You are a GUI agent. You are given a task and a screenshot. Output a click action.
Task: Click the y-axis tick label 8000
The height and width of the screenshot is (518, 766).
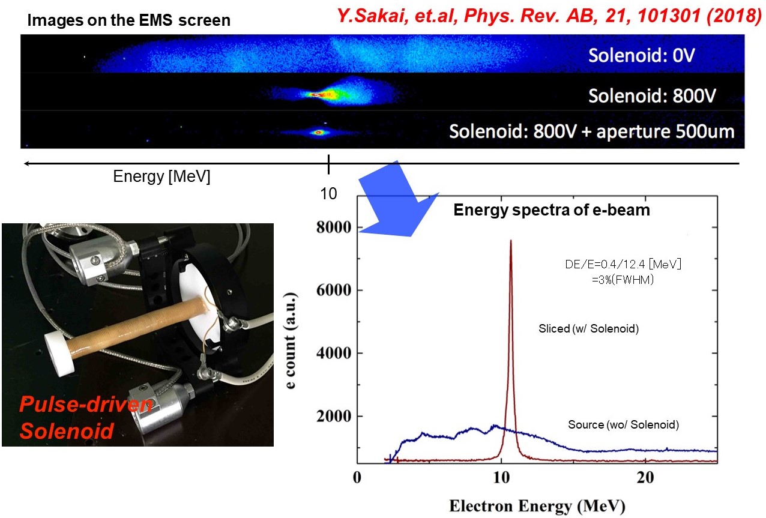334,227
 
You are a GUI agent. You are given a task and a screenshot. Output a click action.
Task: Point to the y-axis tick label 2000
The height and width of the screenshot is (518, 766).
334,417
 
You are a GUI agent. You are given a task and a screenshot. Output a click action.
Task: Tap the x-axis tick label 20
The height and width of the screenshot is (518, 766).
645,478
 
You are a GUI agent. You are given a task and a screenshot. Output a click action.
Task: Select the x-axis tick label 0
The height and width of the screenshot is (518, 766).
357,478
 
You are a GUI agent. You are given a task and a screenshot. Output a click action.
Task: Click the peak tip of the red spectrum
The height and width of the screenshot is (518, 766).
511,240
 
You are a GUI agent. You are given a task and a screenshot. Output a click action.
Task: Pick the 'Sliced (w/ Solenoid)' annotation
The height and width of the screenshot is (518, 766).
588,328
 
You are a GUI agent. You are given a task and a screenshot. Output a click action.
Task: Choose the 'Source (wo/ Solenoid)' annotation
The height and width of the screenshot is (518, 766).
623,424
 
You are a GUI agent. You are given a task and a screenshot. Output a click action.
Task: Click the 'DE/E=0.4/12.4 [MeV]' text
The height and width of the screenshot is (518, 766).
623,264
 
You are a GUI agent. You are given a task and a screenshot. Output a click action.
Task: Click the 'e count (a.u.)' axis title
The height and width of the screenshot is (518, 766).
291,340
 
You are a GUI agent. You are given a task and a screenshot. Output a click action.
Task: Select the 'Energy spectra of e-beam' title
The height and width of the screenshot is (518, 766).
552,210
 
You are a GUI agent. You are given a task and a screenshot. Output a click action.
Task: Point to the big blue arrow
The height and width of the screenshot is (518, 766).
399,202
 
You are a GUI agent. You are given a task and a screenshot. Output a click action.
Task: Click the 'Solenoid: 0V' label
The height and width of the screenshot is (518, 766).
642,55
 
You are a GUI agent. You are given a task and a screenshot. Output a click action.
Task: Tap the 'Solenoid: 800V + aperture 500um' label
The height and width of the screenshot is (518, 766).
591,131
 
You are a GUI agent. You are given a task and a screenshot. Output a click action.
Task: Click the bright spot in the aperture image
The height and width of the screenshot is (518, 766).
319,132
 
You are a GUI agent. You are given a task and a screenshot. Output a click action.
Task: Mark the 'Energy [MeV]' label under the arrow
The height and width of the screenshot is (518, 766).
161,176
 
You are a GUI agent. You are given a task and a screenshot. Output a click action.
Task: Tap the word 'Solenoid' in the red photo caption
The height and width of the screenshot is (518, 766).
67,430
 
